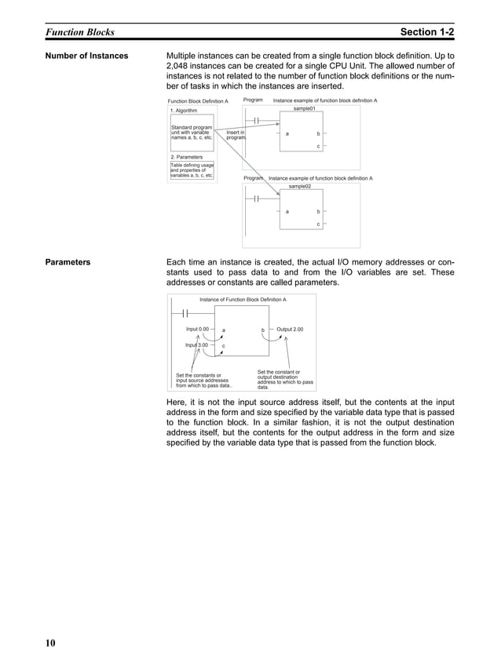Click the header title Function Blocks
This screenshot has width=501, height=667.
pyautogui.click(x=79, y=32)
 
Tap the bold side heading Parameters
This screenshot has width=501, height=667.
pyautogui.click(x=68, y=262)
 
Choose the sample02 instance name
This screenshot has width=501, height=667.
pyautogui.click(x=299, y=187)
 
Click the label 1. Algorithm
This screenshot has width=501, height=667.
pyautogui.click(x=185, y=111)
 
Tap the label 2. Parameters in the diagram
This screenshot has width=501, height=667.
pyautogui.click(x=187, y=157)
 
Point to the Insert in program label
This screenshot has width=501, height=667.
pyautogui.click(x=235, y=136)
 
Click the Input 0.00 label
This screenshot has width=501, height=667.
pyautogui.click(x=197, y=329)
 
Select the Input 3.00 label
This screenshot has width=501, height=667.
pyautogui.click(x=196, y=344)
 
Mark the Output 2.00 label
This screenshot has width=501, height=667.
pyautogui.click(x=290, y=330)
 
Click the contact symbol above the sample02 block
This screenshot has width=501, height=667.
pyautogui.click(x=257, y=199)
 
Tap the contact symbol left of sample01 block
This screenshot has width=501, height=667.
pyautogui.click(x=257, y=121)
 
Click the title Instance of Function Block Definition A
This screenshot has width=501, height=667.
pyautogui.click(x=243, y=300)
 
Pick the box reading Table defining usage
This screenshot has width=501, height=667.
pyautogui.click(x=192, y=170)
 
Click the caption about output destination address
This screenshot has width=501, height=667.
pyautogui.click(x=285, y=380)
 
